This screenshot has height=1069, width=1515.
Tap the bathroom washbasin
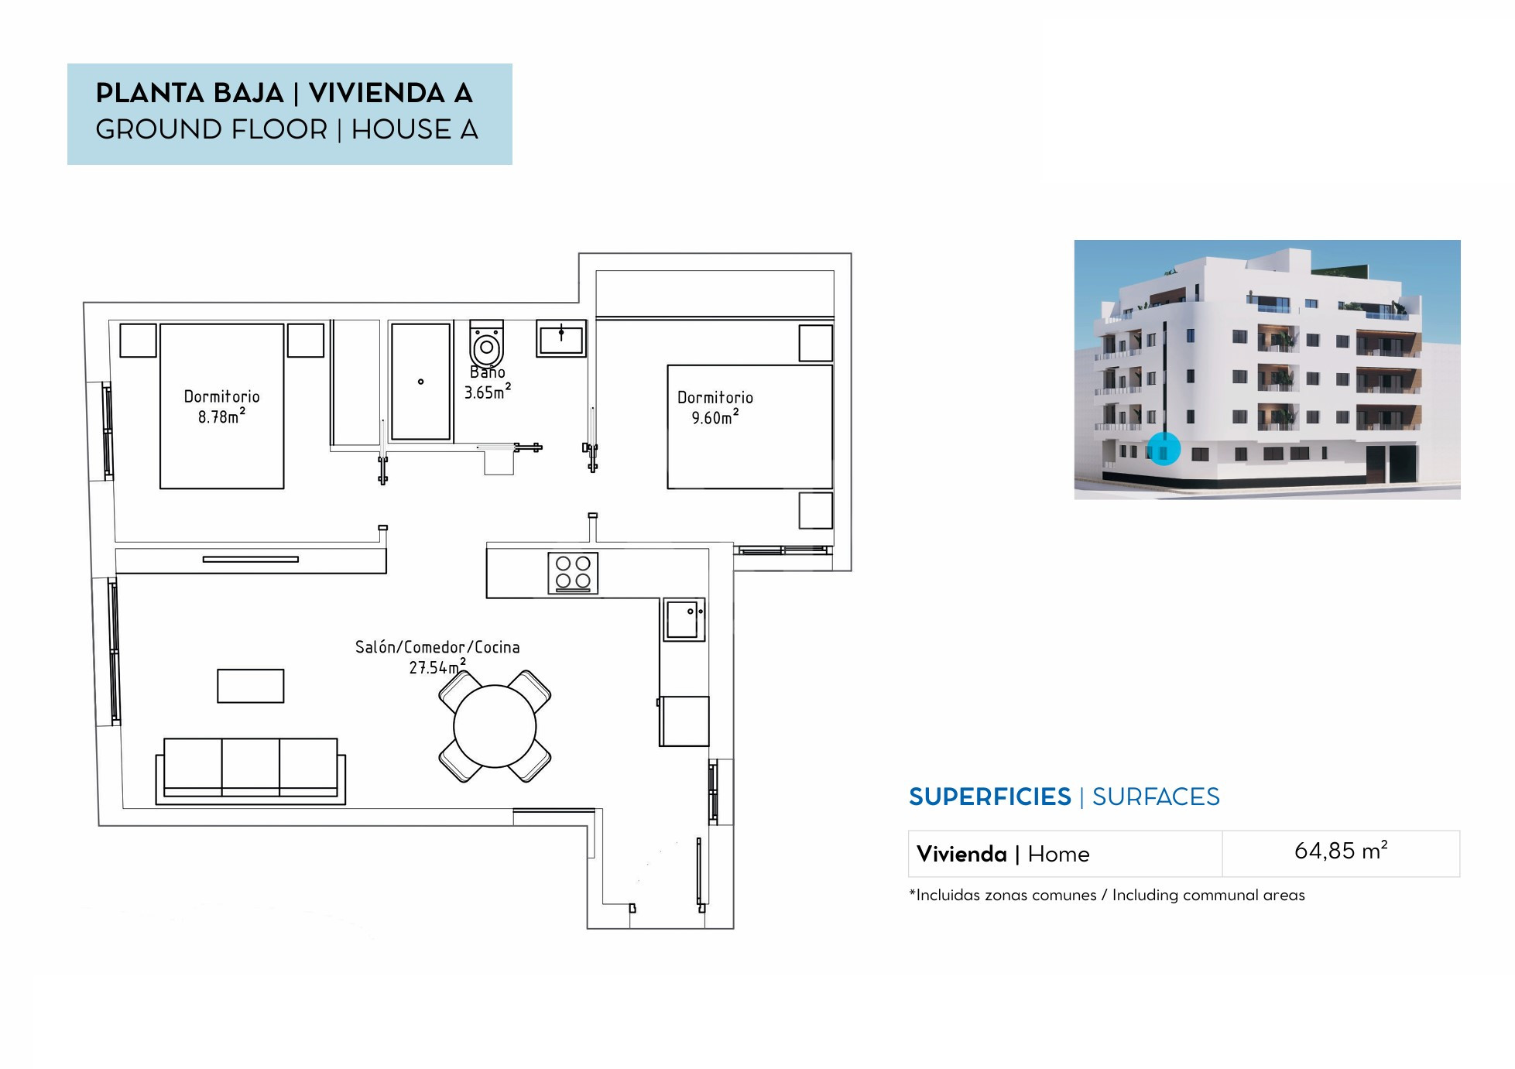561,338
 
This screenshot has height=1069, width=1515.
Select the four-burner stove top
573,573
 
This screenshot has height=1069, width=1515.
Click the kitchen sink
684,619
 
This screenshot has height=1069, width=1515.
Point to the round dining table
495,726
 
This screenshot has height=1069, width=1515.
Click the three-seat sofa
251,771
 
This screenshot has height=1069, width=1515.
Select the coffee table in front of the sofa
251,686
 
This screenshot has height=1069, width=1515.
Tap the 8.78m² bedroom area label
221,417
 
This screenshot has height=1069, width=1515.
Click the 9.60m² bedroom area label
715,418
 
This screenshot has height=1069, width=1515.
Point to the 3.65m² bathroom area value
488,392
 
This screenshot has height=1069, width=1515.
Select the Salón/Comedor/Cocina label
437,647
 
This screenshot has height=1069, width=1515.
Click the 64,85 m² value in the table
1341,851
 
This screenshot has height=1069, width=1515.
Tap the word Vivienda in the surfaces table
961,854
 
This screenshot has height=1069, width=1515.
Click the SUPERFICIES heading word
990,797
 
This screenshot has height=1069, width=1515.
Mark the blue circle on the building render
1163,449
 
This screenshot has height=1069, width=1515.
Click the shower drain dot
421,382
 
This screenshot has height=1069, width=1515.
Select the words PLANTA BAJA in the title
190,93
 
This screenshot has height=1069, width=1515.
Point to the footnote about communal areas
1107,895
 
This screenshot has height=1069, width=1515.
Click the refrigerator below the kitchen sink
684,721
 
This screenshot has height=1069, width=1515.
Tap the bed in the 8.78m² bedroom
222,406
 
